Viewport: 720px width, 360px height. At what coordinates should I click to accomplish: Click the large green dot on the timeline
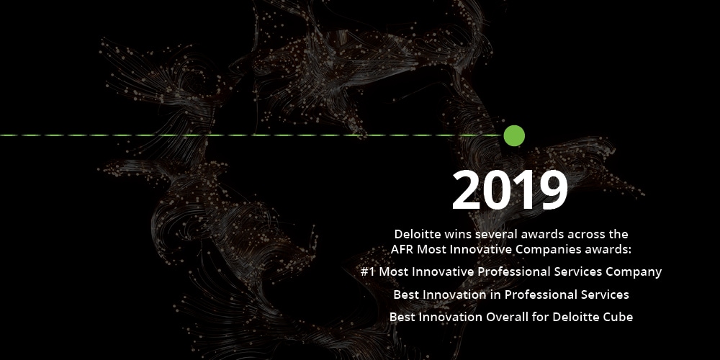[514, 136]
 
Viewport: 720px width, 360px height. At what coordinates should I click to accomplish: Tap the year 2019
[510, 190]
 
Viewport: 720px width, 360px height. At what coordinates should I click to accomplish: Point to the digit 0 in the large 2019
[497, 190]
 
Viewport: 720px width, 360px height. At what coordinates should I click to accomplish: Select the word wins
[458, 234]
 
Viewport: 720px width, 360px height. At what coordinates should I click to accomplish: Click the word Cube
[619, 317]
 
